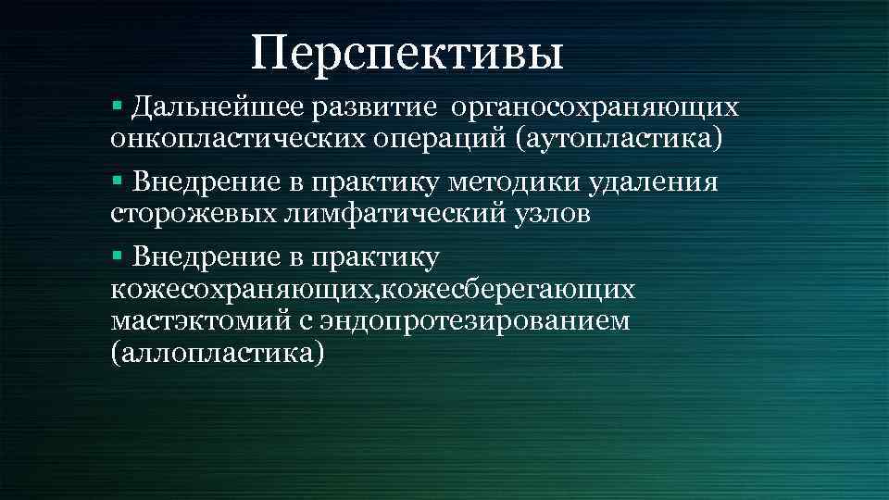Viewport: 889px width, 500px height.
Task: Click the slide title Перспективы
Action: click(407, 53)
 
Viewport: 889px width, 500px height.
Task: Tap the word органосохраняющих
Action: click(595, 106)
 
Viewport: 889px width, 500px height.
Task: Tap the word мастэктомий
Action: click(201, 321)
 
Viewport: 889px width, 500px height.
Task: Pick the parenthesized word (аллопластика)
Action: click(218, 354)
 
